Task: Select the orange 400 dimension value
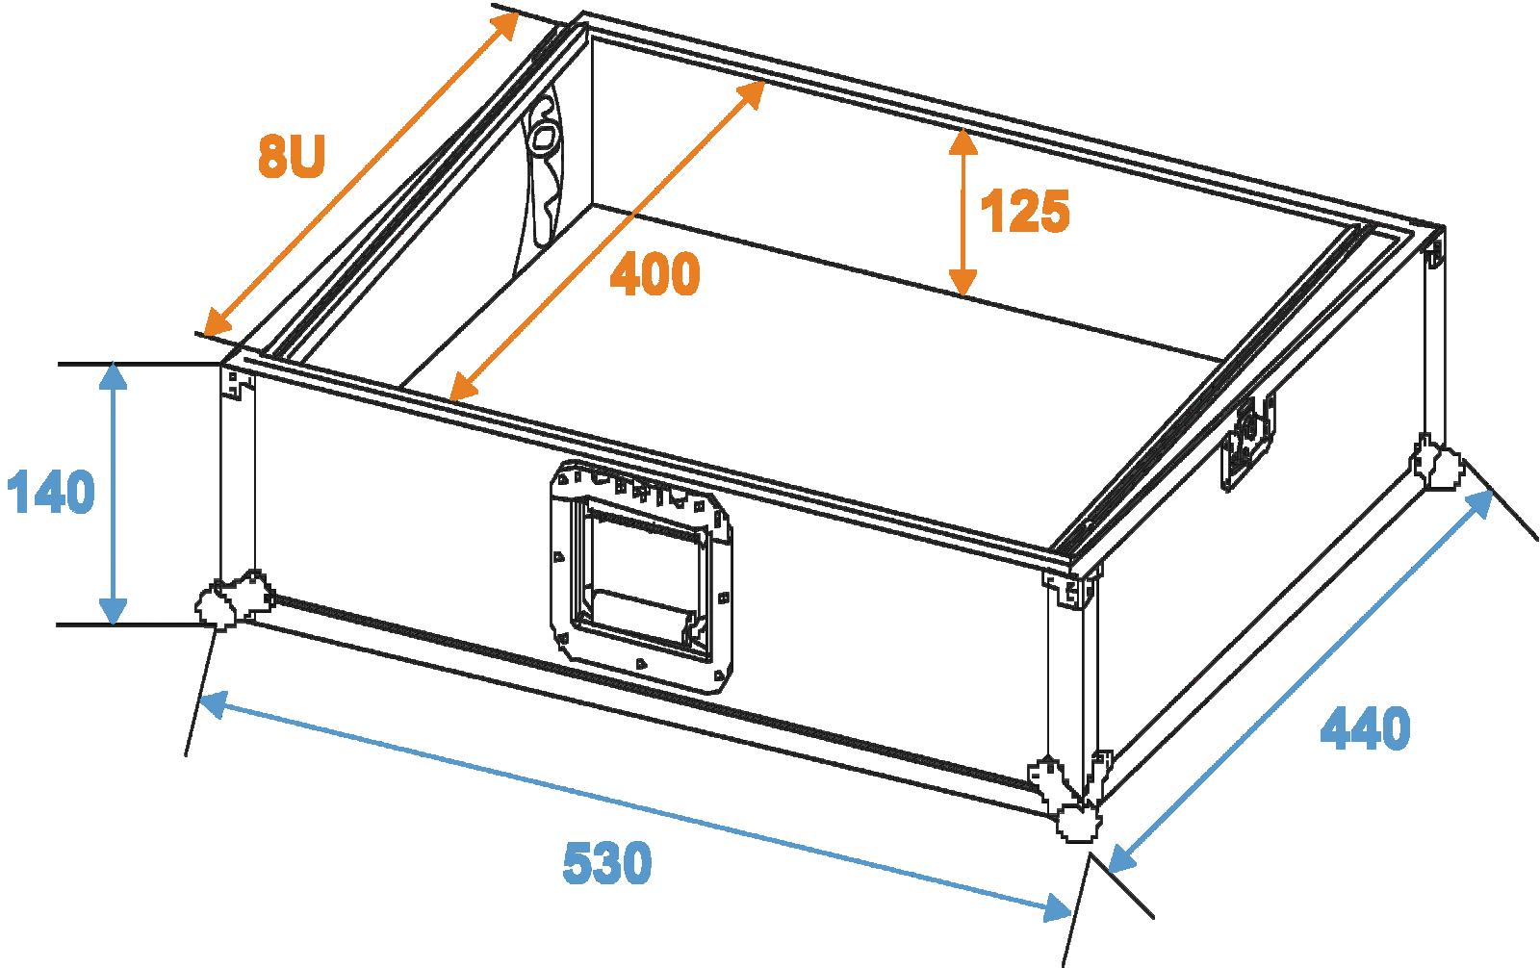click(654, 276)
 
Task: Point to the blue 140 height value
click(50, 493)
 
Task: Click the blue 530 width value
click(606, 863)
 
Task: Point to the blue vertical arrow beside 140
click(114, 493)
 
